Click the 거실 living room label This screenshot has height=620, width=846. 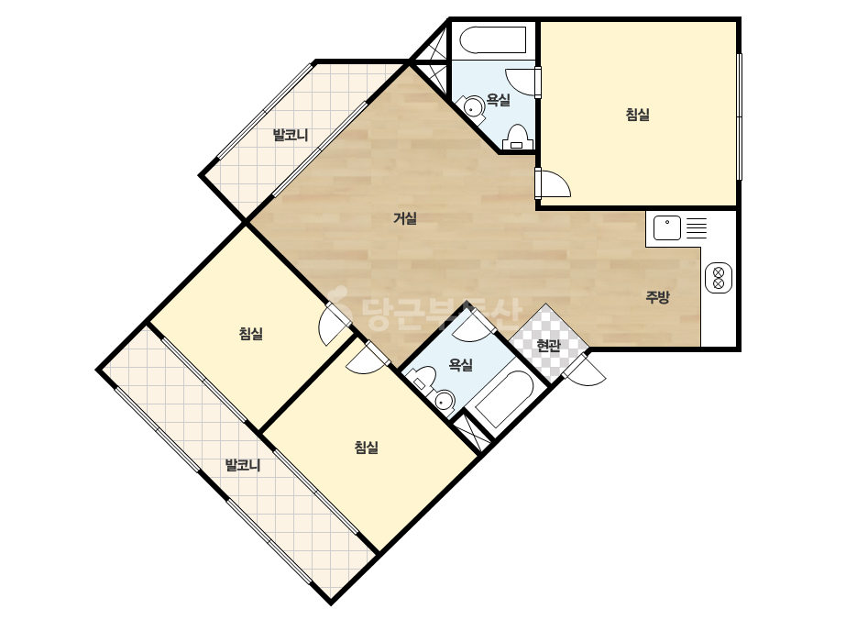point(404,218)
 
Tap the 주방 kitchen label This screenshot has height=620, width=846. point(658,296)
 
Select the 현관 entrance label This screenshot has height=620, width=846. point(549,346)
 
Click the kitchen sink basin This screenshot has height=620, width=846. point(667,227)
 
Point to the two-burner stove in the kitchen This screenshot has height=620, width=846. point(719,278)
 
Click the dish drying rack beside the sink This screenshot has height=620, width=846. point(697,227)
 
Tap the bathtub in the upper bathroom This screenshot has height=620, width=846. point(492,40)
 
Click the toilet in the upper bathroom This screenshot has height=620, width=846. point(518,138)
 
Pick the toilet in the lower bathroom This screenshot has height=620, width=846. point(423,376)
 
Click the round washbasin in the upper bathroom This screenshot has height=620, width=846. point(473,107)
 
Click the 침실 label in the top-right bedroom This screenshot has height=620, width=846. point(637,115)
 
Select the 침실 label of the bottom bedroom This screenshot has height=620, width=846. point(367,448)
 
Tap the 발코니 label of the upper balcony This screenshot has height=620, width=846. point(291,135)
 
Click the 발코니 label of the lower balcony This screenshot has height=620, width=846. point(243,464)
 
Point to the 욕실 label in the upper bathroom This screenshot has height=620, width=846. point(498,100)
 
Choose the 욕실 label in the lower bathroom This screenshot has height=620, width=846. point(461,365)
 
